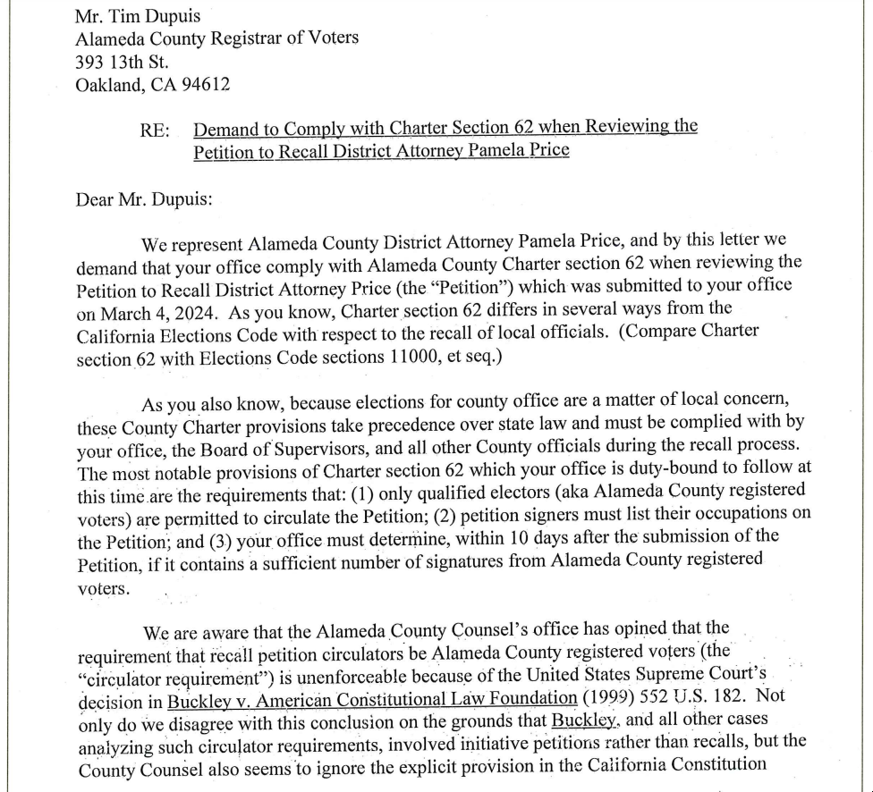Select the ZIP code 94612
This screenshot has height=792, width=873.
204,86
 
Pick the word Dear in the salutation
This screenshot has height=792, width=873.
94,198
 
